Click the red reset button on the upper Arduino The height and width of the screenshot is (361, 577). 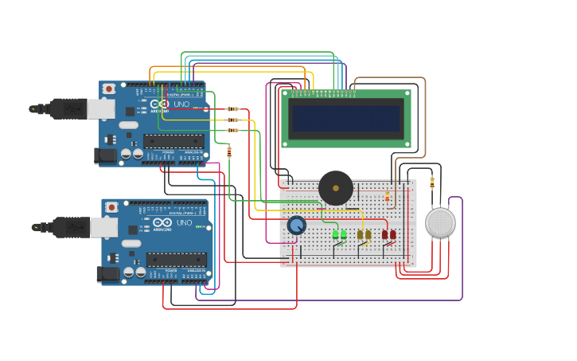point(108,88)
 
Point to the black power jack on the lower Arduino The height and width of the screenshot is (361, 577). point(108,274)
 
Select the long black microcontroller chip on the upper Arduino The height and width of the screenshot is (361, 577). point(173,141)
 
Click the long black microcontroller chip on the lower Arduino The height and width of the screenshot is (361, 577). point(176,259)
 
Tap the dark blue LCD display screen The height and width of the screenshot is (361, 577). point(346,119)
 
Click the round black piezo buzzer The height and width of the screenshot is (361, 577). point(336,188)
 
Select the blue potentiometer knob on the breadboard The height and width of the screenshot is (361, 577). point(296,226)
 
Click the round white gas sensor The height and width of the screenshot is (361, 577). point(440,223)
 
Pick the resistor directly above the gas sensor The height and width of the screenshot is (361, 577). point(432,181)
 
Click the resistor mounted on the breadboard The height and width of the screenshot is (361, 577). point(388,197)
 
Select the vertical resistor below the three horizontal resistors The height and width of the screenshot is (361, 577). point(229,151)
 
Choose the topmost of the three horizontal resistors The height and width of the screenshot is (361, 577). point(232,108)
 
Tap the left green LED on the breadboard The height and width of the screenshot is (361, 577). point(335,234)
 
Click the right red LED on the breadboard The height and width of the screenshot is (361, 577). point(392,234)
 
